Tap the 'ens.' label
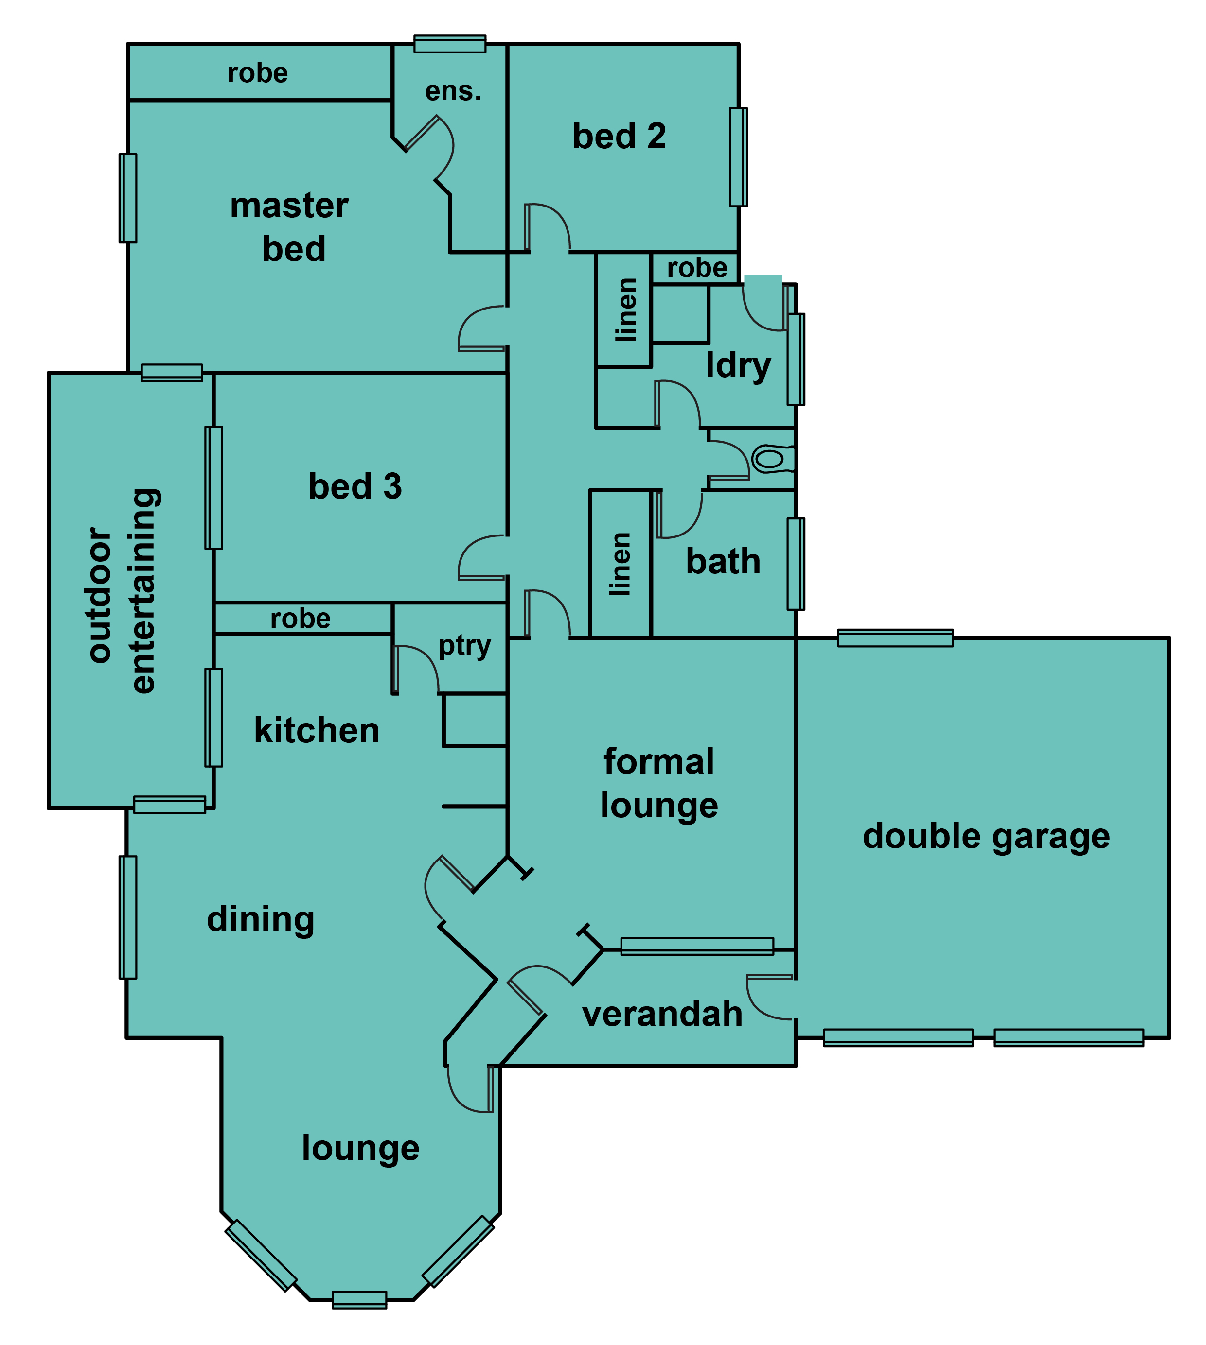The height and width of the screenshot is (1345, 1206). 453,91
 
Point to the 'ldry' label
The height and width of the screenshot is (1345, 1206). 738,365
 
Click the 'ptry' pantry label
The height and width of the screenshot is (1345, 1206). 464,646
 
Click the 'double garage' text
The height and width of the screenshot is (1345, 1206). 986,836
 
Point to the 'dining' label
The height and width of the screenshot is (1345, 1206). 261,919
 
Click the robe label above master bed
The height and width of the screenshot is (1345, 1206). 258,73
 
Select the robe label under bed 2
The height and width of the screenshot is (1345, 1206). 697,268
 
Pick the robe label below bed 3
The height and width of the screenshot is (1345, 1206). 300,619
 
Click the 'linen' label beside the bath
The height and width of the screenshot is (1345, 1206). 620,564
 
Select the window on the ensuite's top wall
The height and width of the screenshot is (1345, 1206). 450,44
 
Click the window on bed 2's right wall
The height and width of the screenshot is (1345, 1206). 738,157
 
